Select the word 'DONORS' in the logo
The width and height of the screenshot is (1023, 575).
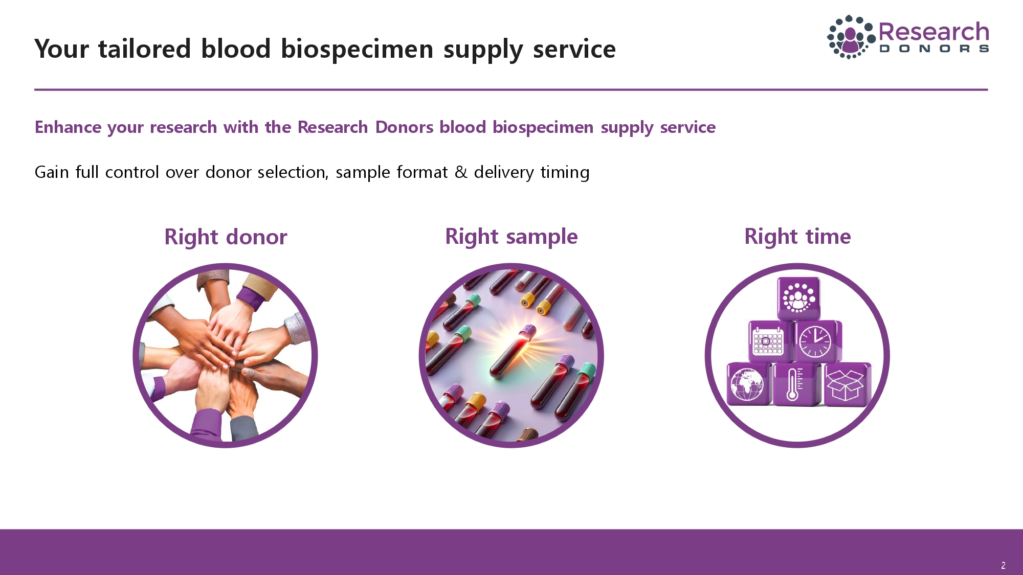click(933, 49)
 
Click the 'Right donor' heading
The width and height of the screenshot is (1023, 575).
click(226, 237)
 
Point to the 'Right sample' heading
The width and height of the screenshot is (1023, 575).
click(511, 237)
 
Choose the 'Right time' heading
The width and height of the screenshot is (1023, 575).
click(797, 237)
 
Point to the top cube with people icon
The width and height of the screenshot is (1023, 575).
click(798, 297)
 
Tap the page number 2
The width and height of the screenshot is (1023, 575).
click(1003, 565)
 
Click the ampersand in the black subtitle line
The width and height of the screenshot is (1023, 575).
click(461, 172)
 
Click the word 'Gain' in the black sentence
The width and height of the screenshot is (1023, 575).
click(51, 172)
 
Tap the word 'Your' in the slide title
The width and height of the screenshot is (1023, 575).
click(62, 50)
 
